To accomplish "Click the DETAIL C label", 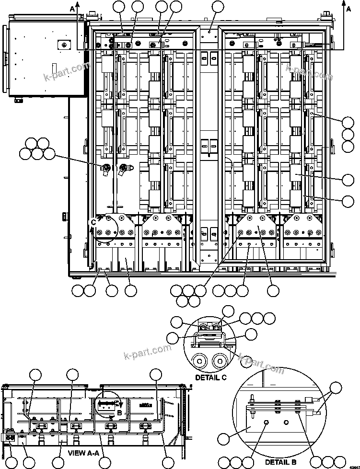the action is (x=210, y=377).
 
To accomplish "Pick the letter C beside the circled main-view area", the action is (x=93, y=222).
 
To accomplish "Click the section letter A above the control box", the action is (x=72, y=8).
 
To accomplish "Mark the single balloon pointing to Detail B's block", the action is (x=224, y=438).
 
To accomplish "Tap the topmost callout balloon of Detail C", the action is (x=229, y=311).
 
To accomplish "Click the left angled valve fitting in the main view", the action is (x=105, y=169).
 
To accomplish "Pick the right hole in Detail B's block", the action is (x=287, y=423).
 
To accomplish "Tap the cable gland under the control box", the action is (x=19, y=100).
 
